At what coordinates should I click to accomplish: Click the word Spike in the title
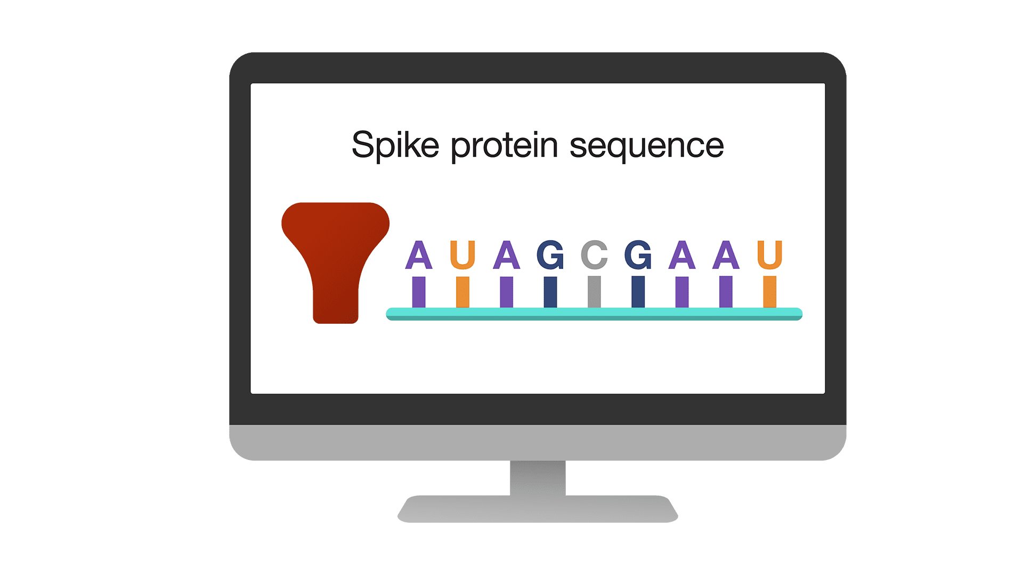click(395, 146)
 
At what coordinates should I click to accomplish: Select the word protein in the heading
click(505, 146)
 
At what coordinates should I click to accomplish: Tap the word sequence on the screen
click(647, 147)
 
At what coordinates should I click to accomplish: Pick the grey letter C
click(594, 255)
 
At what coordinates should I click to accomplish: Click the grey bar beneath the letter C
click(594, 292)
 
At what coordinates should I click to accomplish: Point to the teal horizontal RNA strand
click(594, 314)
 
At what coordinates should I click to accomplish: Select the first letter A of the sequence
click(419, 255)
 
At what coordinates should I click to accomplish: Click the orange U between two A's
click(462, 255)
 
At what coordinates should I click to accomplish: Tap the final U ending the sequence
click(769, 255)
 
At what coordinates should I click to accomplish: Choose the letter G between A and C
click(550, 255)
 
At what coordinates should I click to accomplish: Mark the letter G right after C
click(638, 255)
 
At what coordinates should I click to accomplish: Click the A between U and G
click(507, 255)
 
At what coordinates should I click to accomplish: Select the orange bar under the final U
click(769, 292)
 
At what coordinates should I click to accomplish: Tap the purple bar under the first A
click(419, 292)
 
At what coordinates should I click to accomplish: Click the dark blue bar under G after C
click(638, 292)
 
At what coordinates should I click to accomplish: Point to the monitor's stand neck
click(538, 478)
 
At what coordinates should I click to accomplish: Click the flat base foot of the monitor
click(538, 509)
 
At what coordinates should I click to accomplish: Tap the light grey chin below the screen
click(538, 442)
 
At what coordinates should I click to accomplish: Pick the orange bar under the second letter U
click(769, 292)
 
